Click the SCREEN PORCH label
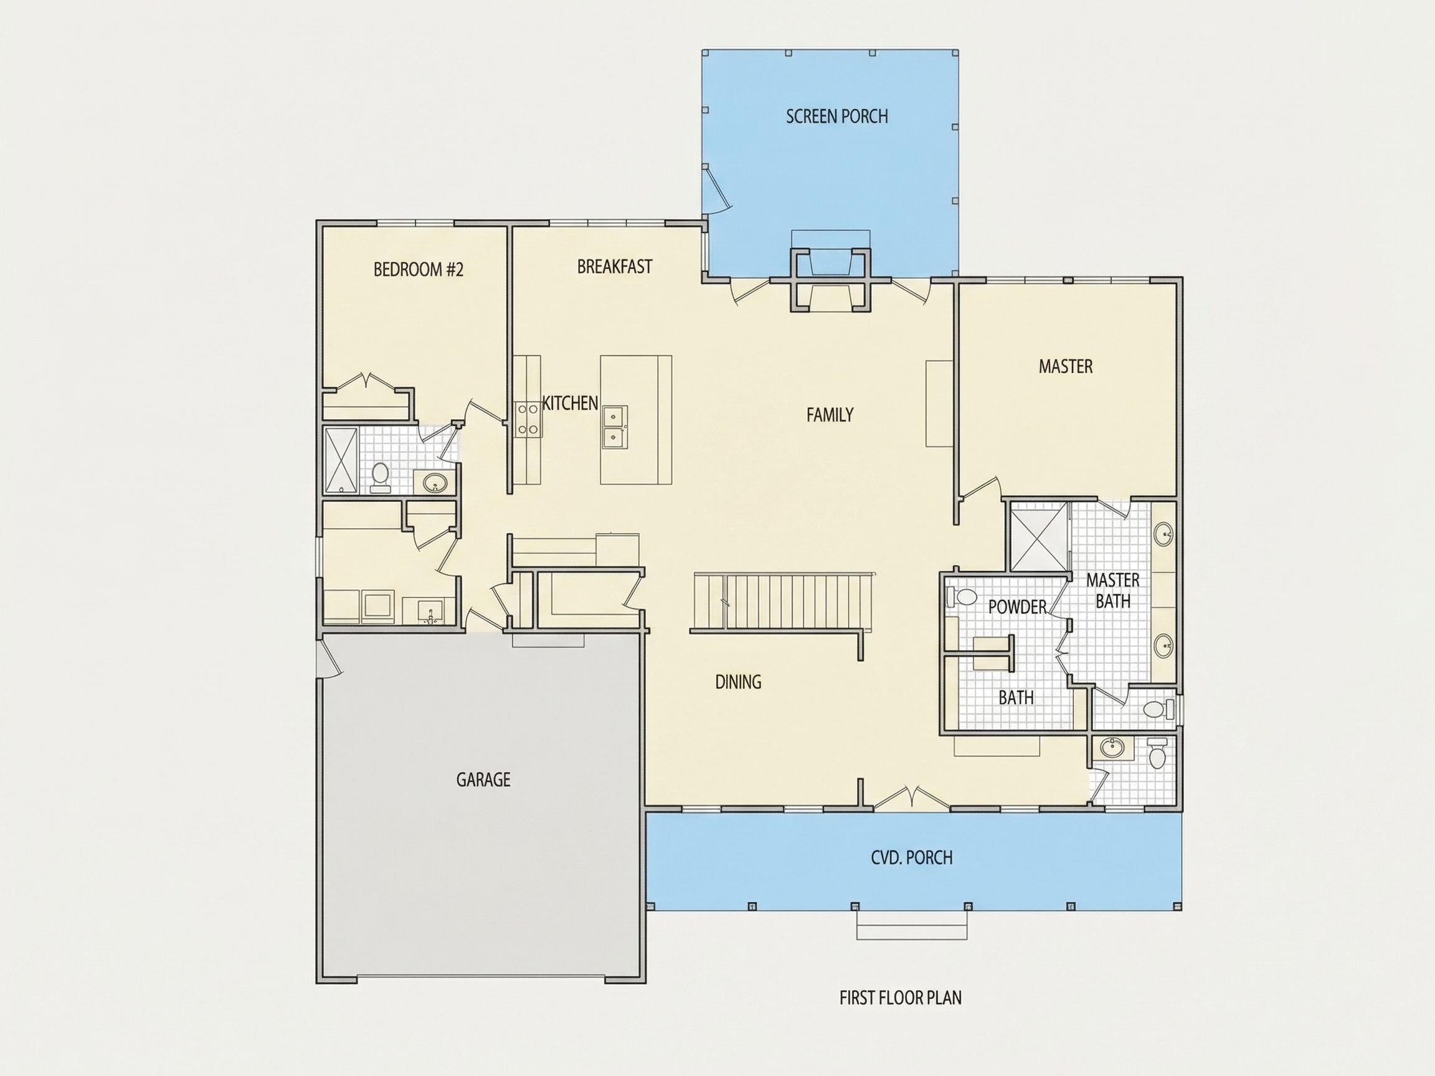click(837, 116)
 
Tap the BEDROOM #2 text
click(419, 269)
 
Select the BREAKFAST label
click(614, 267)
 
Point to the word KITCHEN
click(571, 403)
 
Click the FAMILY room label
click(830, 415)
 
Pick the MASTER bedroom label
click(1065, 366)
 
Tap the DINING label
click(738, 682)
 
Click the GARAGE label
click(483, 780)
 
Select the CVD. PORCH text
click(911, 857)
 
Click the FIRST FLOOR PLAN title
click(901, 998)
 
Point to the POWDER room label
click(1017, 606)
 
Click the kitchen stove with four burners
click(527, 419)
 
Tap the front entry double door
click(911, 798)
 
